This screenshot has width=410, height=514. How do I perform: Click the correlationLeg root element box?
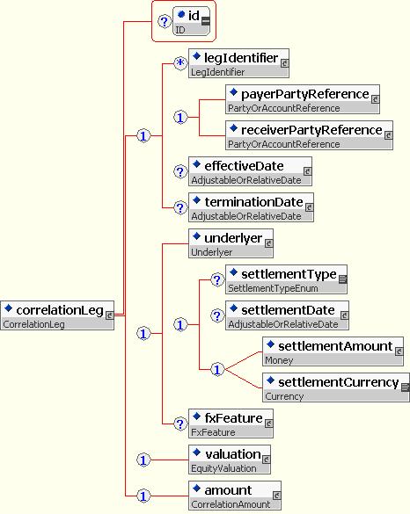[x=57, y=315]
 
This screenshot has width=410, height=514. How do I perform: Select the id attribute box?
[x=192, y=21]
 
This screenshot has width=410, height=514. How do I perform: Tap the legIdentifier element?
[x=238, y=63]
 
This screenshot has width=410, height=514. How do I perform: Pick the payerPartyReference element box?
[x=303, y=99]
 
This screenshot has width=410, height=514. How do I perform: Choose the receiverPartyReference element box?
[x=309, y=135]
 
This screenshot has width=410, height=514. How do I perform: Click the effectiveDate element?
[x=250, y=171]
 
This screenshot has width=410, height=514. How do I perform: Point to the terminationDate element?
[x=251, y=207]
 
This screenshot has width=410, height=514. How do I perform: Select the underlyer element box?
[x=231, y=243]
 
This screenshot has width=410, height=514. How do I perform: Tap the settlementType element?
[x=286, y=279]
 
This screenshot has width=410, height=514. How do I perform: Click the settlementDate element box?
[x=287, y=315]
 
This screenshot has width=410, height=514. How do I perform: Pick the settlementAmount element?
[x=333, y=351]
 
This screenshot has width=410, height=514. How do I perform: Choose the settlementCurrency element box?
[x=336, y=387]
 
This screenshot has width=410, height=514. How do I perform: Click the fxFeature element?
[x=231, y=424]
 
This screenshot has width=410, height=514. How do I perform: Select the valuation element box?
[x=230, y=460]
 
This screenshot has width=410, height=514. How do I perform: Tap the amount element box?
[x=235, y=496]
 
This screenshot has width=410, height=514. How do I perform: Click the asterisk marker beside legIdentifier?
[x=180, y=63]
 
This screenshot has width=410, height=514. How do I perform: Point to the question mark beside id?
[x=165, y=22]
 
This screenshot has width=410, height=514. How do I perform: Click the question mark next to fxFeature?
[x=180, y=424]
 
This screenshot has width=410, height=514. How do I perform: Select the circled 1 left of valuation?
[x=143, y=460]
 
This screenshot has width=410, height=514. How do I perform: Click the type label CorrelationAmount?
[x=231, y=504]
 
